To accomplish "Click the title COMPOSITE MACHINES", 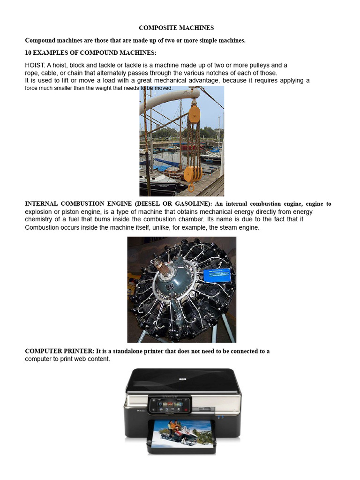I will click(176, 28).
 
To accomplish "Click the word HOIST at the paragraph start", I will click(34, 65).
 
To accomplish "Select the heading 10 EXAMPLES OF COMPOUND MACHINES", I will click(90, 52).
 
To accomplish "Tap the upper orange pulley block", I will click(194, 113).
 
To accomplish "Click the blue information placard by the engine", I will click(217, 275).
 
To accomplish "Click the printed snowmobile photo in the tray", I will click(183, 433).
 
